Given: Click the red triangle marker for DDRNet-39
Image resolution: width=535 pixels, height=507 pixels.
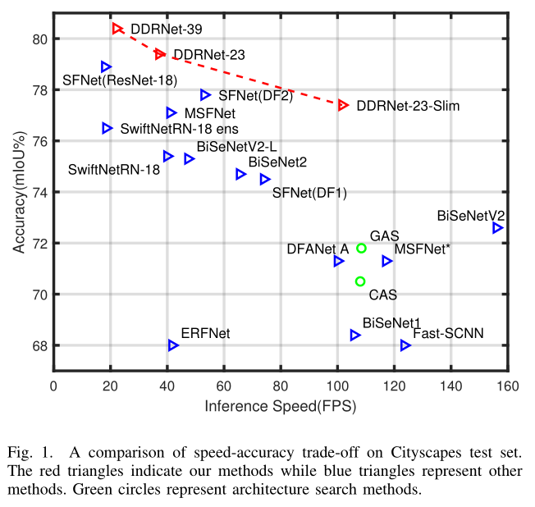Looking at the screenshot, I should pyautogui.click(x=118, y=29).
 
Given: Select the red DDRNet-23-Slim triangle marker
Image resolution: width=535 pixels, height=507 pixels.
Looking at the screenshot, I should pyautogui.click(x=343, y=105).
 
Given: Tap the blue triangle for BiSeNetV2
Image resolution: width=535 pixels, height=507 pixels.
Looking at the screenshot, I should pyautogui.click(x=497, y=227).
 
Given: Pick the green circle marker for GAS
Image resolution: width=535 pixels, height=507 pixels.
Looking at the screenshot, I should pyautogui.click(x=361, y=248).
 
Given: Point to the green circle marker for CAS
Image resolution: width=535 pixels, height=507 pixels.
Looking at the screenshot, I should pyautogui.click(x=360, y=281).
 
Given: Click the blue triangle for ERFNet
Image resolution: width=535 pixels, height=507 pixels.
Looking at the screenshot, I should pyautogui.click(x=173, y=345).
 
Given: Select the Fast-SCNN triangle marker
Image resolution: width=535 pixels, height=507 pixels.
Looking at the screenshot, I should pyautogui.click(x=405, y=345).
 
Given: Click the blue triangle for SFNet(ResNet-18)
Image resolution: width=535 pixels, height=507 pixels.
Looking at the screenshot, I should pyautogui.click(x=106, y=66).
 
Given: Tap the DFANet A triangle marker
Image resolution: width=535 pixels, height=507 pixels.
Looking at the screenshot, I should pyautogui.click(x=339, y=261).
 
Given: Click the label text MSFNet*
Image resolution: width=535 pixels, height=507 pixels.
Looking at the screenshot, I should pyautogui.click(x=424, y=249).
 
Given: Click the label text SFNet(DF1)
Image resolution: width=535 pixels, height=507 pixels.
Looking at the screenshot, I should pyautogui.click(x=309, y=194).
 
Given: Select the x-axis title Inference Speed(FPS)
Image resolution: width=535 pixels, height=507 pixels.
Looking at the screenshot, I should pyautogui.click(x=281, y=405).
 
